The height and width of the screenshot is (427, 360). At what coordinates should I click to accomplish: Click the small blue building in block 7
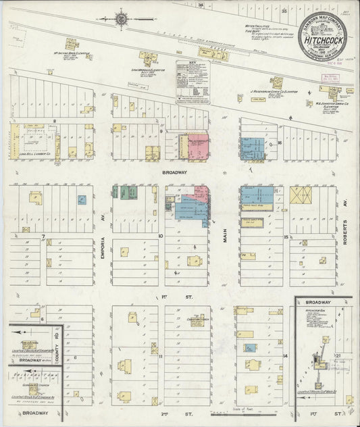82,201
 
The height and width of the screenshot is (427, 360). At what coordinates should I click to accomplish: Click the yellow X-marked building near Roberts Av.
299,195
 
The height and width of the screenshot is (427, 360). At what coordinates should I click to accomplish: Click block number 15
286,236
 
